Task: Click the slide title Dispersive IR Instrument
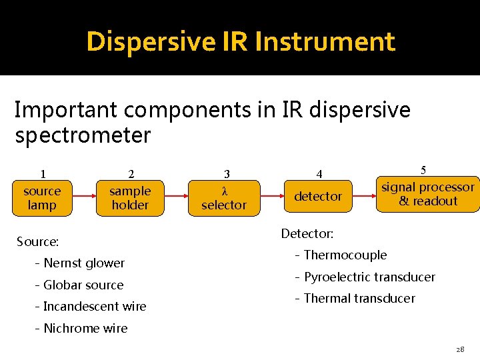(241, 41)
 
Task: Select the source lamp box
(41, 198)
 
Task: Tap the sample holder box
(130, 198)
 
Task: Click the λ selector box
(224, 198)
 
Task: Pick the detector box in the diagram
(318, 196)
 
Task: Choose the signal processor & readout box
(427, 194)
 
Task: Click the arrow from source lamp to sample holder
(85, 197)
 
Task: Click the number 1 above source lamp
(43, 175)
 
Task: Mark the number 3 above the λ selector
(227, 175)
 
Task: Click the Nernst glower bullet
(79, 263)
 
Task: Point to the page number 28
(460, 349)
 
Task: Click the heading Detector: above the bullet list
(307, 233)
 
